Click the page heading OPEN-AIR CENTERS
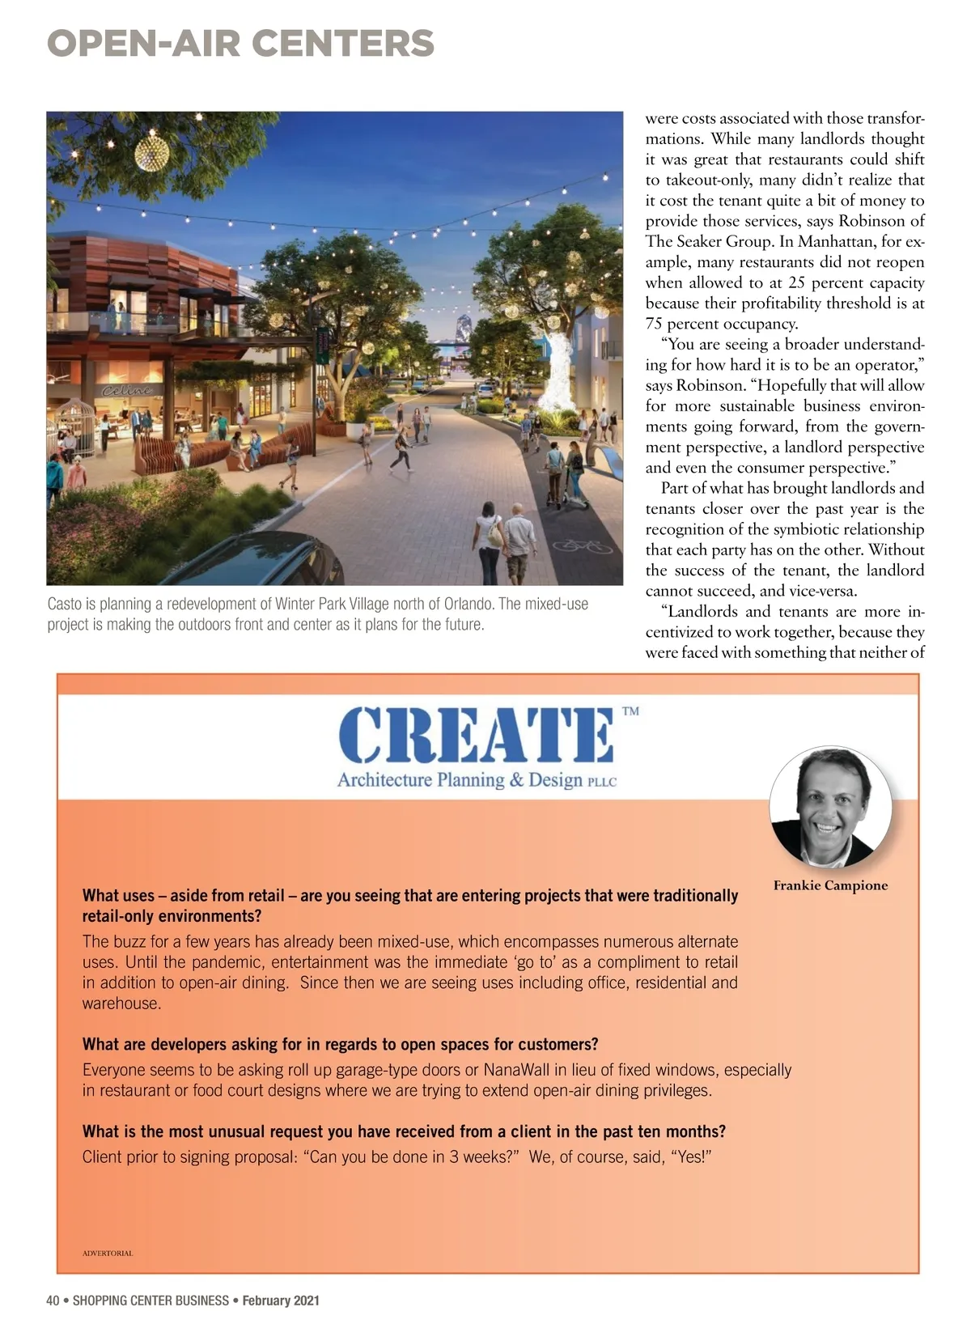240,43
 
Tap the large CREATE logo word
475,736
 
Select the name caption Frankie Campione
830,885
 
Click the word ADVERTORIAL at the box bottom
108,1254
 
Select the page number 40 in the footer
53,1301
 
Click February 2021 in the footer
281,1301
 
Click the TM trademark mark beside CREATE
630,711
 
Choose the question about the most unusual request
404,1131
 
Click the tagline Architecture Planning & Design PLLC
477,780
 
